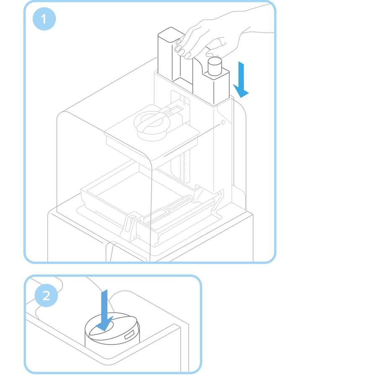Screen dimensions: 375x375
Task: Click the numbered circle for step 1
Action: pyautogui.click(x=44, y=19)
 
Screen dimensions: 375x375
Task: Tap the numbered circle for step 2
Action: pyautogui.click(x=46, y=295)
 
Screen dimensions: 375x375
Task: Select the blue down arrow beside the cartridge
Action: pyautogui.click(x=241, y=80)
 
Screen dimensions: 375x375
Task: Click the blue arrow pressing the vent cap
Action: pyautogui.click(x=104, y=310)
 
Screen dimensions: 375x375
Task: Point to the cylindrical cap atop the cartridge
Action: pyautogui.click(x=215, y=66)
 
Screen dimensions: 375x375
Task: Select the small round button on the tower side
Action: pyautogui.click(x=223, y=122)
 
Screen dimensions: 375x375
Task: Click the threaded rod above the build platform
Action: pyautogui.click(x=184, y=101)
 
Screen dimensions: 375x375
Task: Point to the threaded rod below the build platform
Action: pyautogui.click(x=184, y=168)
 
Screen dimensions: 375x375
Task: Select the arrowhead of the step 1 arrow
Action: pyautogui.click(x=241, y=91)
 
